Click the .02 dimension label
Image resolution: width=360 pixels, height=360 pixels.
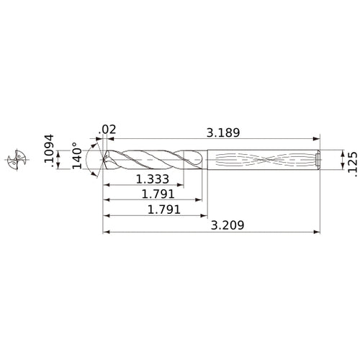pos(108,130)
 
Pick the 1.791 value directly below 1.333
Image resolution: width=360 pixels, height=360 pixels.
pos(155,194)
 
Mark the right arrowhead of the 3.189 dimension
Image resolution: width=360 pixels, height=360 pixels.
pos(316,138)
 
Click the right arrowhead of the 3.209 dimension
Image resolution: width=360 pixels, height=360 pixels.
pos(316,233)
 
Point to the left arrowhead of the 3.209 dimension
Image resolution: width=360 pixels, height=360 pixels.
pos(106,233)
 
